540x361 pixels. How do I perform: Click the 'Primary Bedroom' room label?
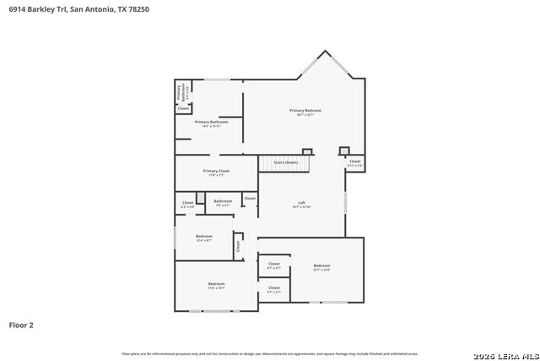click(x=305, y=111)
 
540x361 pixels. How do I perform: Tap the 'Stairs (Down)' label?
click(x=285, y=161)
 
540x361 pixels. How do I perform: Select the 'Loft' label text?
click(x=302, y=203)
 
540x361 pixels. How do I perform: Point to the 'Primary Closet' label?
click(x=216, y=172)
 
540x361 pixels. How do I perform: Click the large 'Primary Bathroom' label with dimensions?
click(x=212, y=123)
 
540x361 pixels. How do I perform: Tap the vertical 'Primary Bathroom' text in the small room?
click(x=178, y=91)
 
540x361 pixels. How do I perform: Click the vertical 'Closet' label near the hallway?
click(x=238, y=246)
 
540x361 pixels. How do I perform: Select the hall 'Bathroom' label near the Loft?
click(x=223, y=201)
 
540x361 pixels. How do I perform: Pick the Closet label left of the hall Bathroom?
click(x=188, y=203)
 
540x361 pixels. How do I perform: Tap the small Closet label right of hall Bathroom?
click(x=250, y=198)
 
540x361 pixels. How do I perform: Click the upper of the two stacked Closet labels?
click(x=274, y=264)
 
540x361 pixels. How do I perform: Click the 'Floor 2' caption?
click(x=21, y=324)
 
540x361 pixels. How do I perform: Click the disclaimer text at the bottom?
click(x=269, y=353)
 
